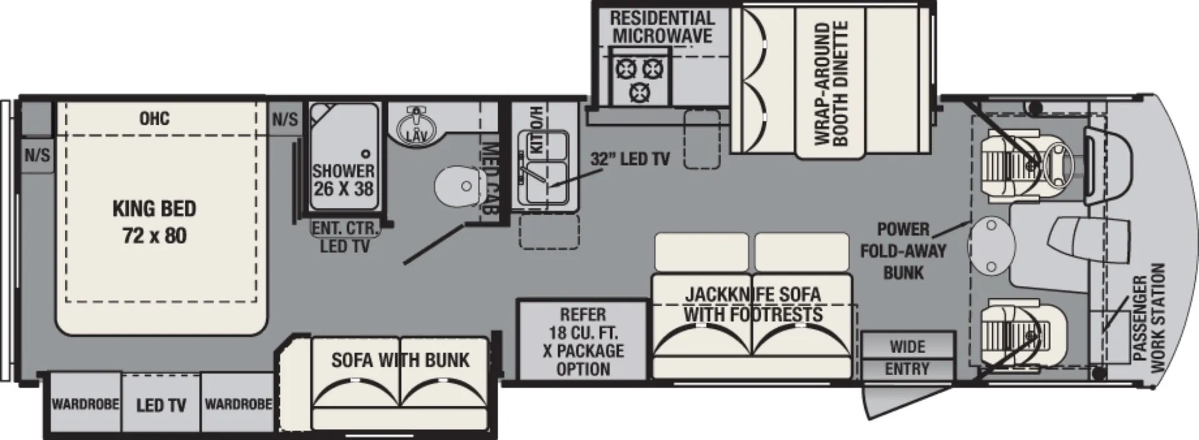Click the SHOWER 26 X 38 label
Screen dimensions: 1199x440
point(343,179)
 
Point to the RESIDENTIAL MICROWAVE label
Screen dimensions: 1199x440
point(662,27)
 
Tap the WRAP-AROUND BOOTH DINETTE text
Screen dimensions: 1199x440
point(832,84)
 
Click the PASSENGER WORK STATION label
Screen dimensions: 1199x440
point(1148,318)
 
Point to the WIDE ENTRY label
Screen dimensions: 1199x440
point(907,358)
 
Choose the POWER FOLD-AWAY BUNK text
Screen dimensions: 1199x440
point(904,250)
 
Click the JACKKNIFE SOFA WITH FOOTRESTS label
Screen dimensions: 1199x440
point(752,304)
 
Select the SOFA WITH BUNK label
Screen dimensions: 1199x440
point(400,360)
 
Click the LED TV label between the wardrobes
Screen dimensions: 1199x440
point(161,406)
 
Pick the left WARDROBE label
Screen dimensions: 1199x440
point(85,404)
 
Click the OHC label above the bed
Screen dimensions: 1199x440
point(154,118)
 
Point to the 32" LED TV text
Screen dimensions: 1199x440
point(630,159)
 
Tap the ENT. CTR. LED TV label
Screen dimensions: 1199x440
point(345,237)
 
